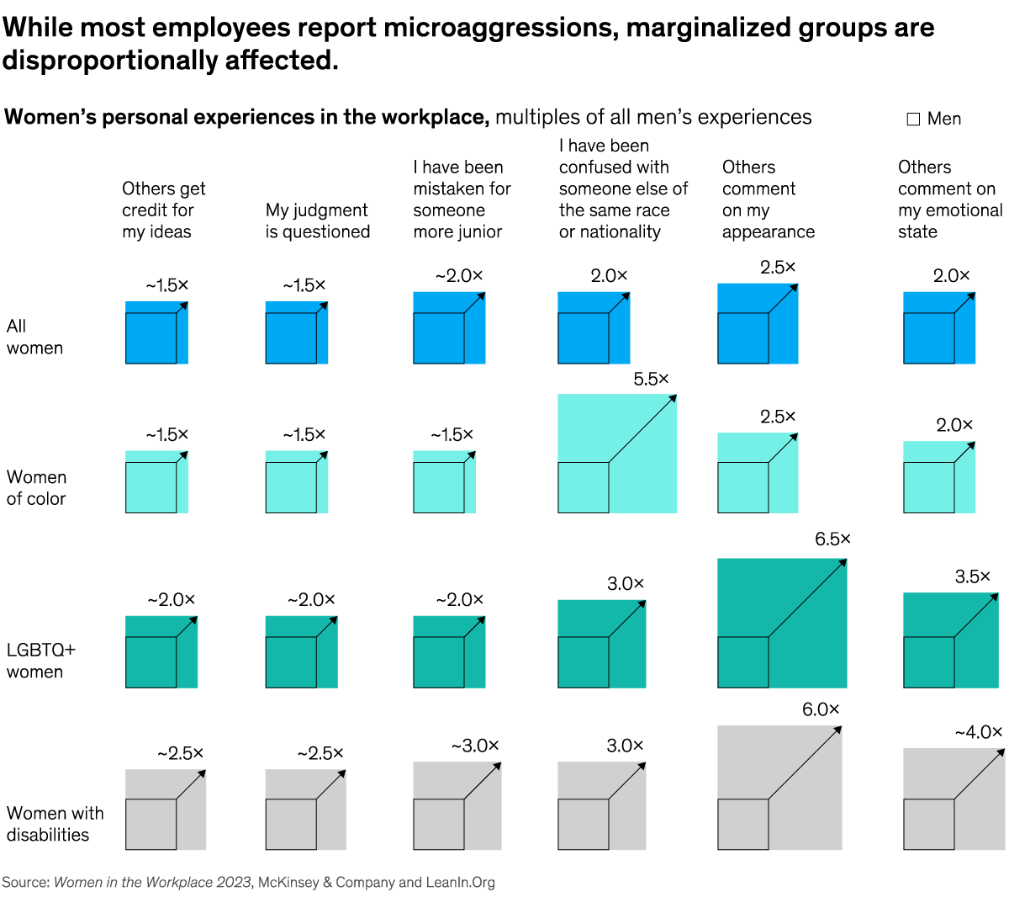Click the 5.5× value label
651,380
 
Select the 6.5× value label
832,539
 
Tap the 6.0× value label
820,710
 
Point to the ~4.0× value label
978,732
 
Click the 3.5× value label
972,577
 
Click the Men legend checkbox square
913,119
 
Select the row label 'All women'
34,337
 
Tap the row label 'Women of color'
36,488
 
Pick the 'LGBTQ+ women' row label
40,661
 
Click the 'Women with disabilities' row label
55,824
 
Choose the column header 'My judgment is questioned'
317,220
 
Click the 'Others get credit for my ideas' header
163,210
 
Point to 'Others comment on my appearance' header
768,199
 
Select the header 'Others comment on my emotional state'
949,199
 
